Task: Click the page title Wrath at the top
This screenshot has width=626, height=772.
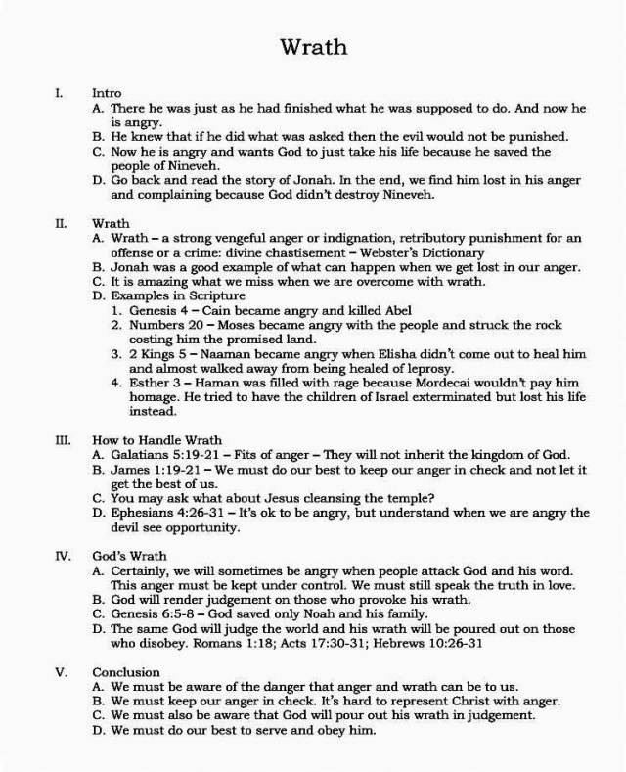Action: pos(312,46)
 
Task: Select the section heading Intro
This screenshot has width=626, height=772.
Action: pos(107,93)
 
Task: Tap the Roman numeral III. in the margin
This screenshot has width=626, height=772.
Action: pos(61,440)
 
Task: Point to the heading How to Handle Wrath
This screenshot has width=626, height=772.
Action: pos(157,440)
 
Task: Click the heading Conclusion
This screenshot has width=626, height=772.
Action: pos(125,673)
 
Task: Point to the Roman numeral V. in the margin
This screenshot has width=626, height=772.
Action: pos(61,673)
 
